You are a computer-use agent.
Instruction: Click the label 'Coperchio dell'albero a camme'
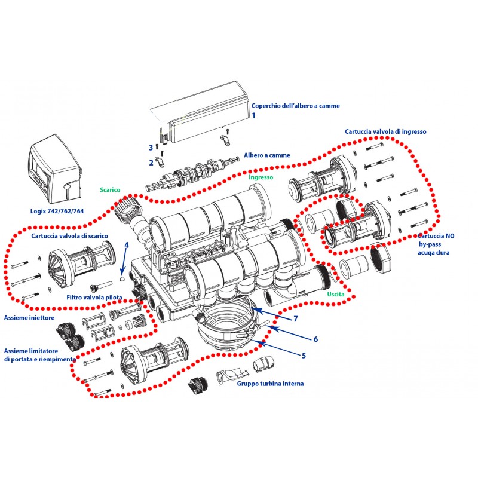tap(295, 106)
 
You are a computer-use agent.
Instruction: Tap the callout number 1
tap(253, 115)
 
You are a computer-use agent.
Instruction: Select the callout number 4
tap(127, 245)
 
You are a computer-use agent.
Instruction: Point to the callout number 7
tap(295, 318)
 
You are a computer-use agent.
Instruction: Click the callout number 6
tap(315, 339)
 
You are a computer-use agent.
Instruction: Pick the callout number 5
tap(304, 355)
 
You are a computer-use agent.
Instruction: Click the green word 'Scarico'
tap(110, 190)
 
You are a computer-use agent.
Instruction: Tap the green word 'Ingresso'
tap(261, 177)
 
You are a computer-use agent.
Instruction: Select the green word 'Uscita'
tap(335, 295)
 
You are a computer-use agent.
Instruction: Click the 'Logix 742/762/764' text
tap(57, 211)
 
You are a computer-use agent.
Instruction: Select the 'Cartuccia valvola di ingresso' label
tap(385, 131)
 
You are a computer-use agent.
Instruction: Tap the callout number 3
tap(151, 147)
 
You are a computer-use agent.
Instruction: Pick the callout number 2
tap(151, 161)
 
